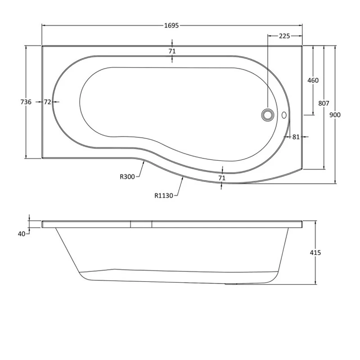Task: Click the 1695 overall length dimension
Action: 172,26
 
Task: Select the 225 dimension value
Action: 284,36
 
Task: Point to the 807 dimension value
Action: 324,103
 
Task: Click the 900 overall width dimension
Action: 335,115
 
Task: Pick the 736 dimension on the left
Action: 26,102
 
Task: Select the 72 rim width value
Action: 47,102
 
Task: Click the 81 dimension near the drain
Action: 296,137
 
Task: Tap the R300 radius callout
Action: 127,177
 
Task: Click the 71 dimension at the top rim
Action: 172,51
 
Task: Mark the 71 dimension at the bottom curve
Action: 221,178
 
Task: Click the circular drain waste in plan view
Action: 267,115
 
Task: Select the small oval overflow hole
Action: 284,115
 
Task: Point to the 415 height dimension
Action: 315,253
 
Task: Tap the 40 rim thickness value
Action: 21,233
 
